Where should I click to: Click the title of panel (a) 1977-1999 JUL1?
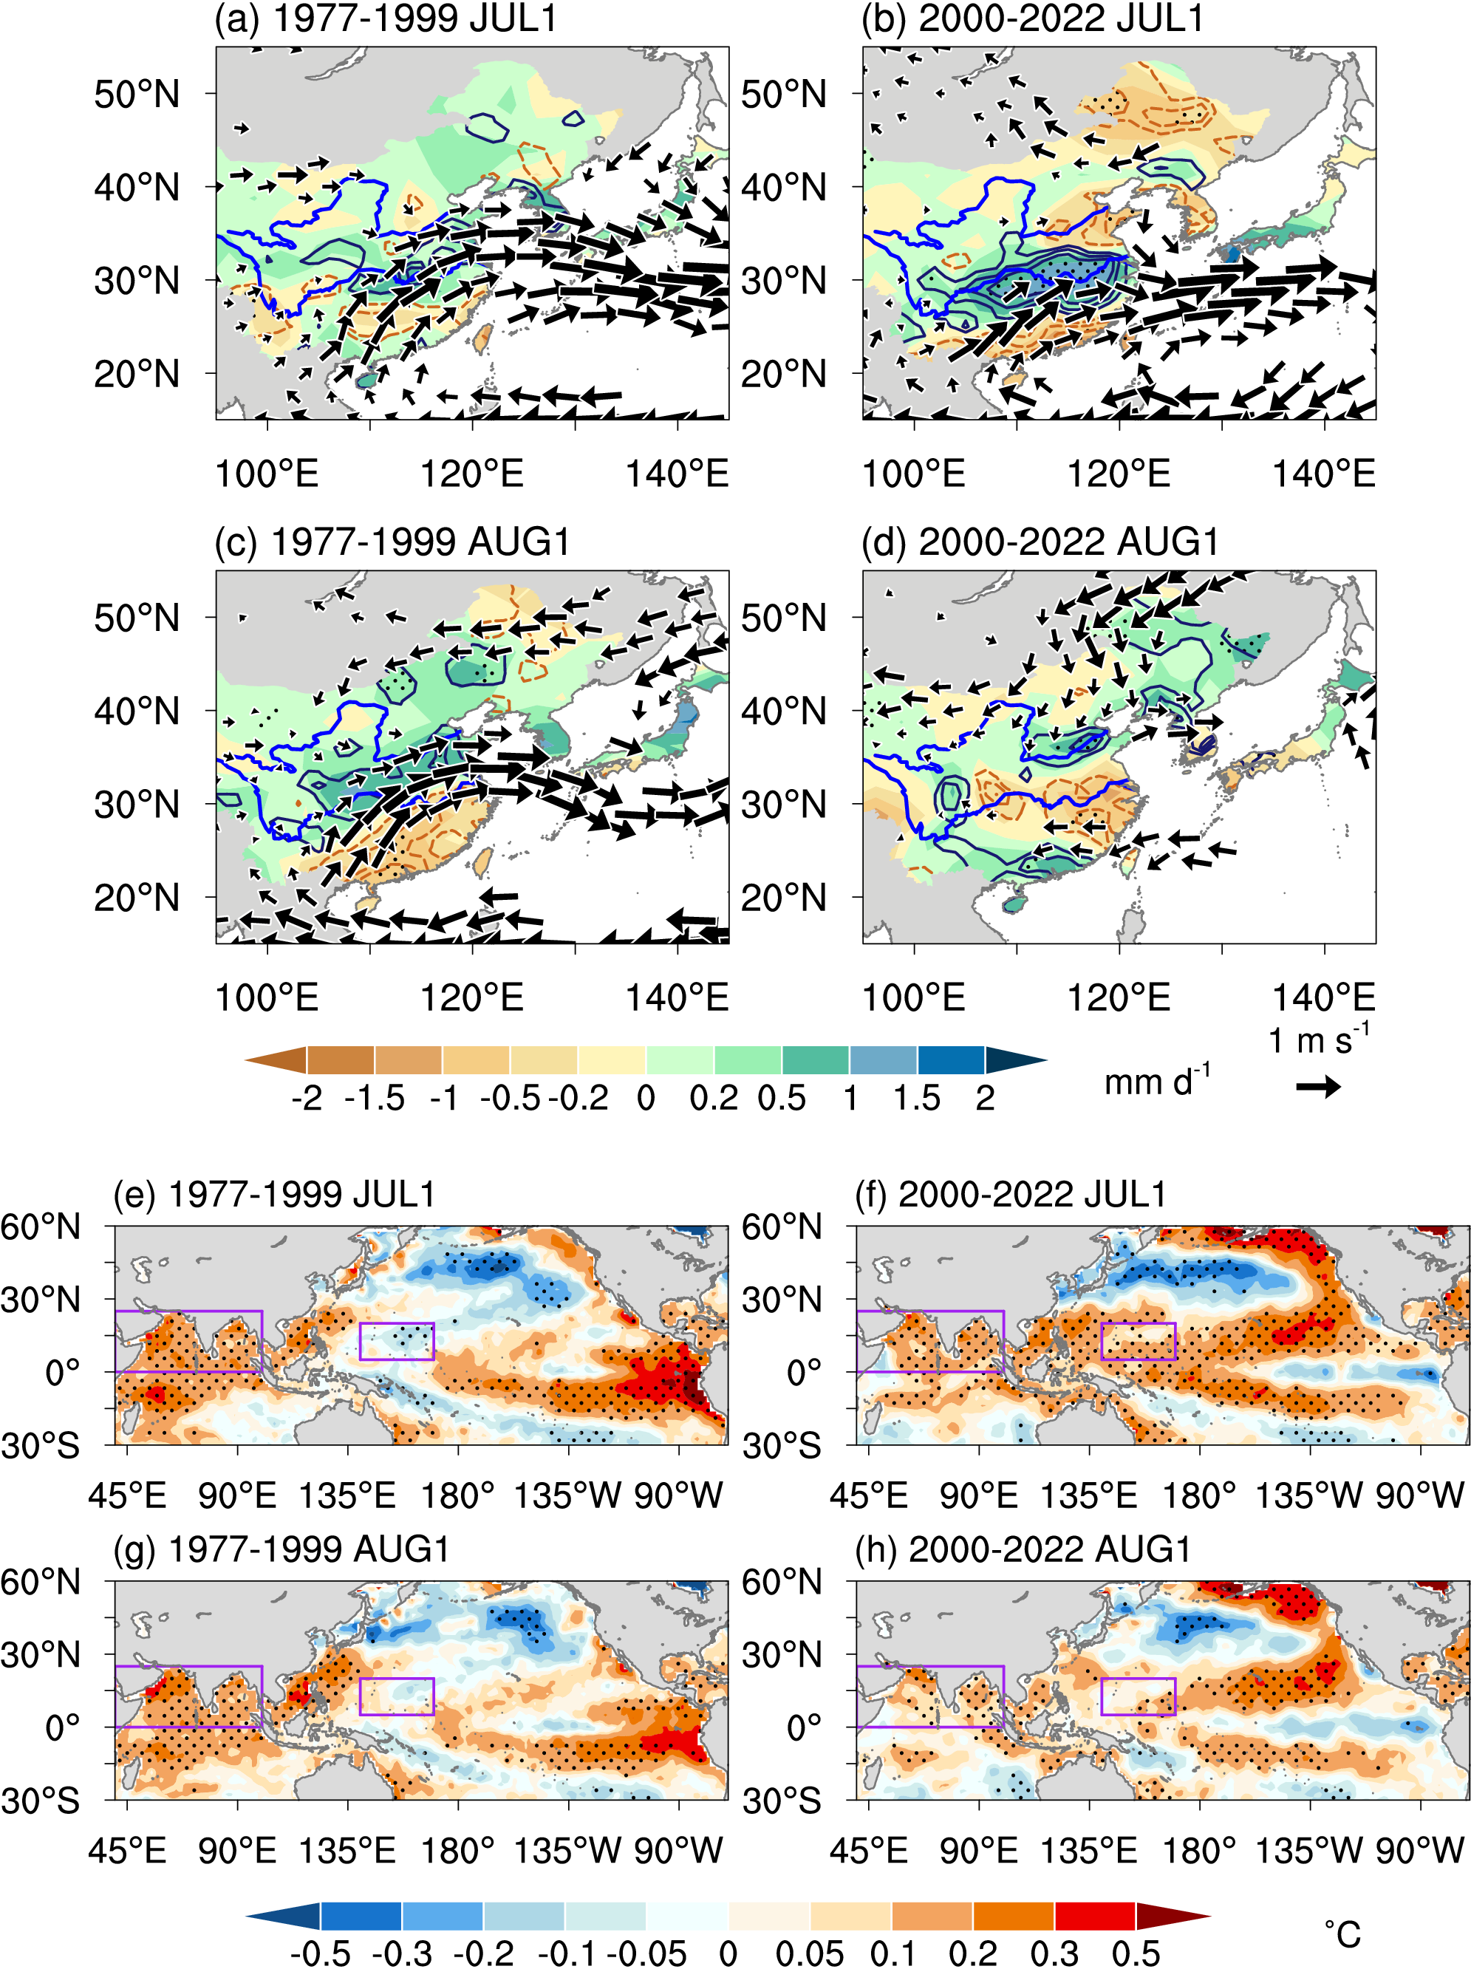pyautogui.click(x=386, y=18)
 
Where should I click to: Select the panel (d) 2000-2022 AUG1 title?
pyautogui.click(x=1040, y=542)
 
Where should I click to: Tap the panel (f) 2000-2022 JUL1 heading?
pyautogui.click(x=1009, y=1195)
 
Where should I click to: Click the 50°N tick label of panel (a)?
pyautogui.click(x=137, y=95)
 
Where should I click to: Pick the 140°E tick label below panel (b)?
pyautogui.click(x=1323, y=474)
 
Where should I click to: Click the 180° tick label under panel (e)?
pyautogui.click(x=457, y=1495)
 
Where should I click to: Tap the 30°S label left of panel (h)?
pyautogui.click(x=782, y=1801)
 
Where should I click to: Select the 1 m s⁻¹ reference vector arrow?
pyautogui.click(x=1318, y=1087)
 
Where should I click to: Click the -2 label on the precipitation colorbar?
pyautogui.click(x=307, y=1099)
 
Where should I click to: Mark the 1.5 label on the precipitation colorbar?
pyautogui.click(x=917, y=1099)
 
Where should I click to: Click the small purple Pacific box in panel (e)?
pyautogui.click(x=397, y=1342)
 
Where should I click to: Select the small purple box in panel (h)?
pyautogui.click(x=1139, y=1696)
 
